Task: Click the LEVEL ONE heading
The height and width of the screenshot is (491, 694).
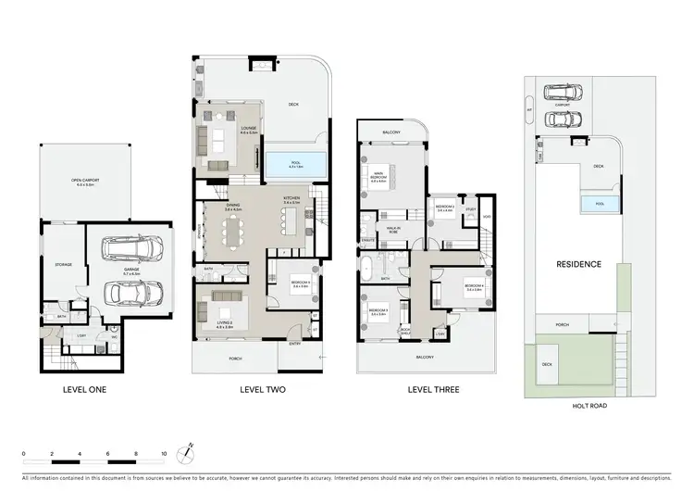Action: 83,389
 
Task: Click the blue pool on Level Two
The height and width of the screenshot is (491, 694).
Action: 296,165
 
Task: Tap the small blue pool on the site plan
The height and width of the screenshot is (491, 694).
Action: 593,204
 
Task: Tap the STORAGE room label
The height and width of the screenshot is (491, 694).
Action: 62,264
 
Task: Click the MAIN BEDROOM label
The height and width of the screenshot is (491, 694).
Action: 378,175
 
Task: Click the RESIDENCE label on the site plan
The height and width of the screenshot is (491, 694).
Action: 578,264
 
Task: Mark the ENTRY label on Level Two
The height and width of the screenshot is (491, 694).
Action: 294,343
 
